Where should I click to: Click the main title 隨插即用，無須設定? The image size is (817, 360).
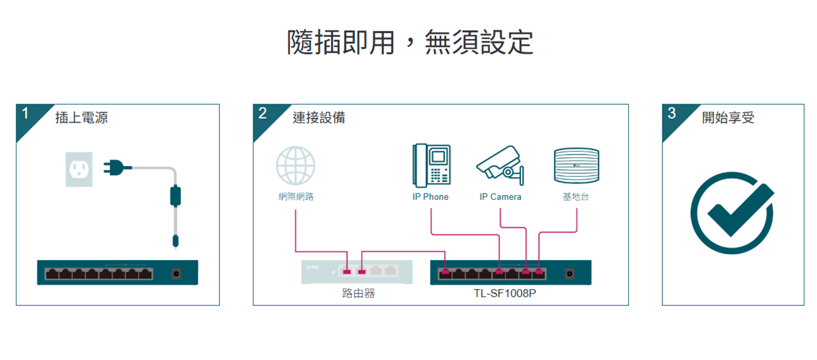(410, 43)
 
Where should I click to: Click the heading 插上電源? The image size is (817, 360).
(81, 118)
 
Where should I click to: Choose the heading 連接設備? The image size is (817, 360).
(319, 118)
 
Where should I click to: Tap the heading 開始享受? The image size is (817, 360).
(728, 118)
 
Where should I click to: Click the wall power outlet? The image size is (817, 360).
(79, 169)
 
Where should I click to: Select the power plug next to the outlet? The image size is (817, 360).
(117, 168)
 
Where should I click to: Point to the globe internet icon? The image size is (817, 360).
(295, 166)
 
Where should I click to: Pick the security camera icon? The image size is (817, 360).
(500, 166)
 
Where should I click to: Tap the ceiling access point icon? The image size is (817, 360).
(576, 166)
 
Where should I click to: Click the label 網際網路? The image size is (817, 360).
(296, 197)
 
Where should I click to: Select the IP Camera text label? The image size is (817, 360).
(500, 197)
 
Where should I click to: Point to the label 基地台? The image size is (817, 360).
(576, 197)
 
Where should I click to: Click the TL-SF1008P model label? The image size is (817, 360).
(505, 293)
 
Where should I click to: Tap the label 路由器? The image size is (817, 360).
(358, 293)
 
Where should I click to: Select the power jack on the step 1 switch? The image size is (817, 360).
(176, 273)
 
